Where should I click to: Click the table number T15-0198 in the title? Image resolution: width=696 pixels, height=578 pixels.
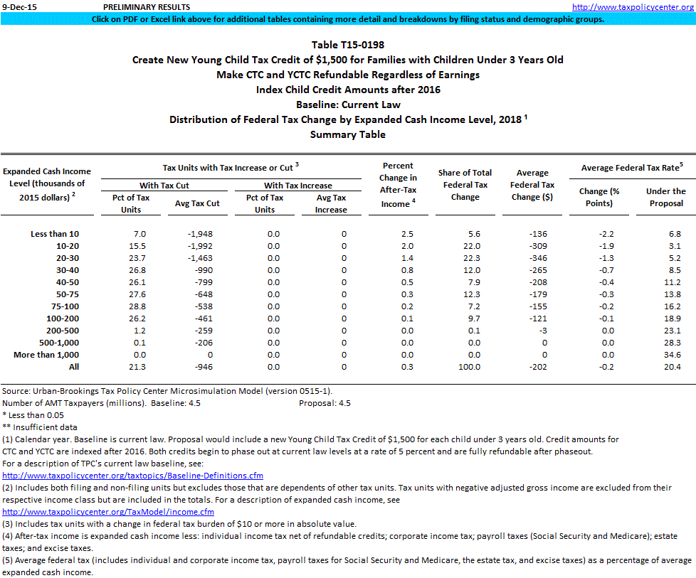pos(348,45)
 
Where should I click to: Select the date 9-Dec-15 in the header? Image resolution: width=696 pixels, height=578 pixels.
pos(18,6)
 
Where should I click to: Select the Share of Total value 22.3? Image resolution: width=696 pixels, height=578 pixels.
pos(465,258)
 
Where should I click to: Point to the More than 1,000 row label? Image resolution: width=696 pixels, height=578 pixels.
pos(46,355)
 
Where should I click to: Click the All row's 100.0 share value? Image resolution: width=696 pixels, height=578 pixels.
pos(465,367)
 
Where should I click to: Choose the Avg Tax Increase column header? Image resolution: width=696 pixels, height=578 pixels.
pos(331,203)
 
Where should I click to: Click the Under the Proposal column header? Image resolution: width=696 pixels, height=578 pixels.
pos(665,197)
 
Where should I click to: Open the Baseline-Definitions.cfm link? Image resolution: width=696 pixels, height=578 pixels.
pos(132,476)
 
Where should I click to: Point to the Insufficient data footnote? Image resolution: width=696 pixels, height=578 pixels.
pos(40,427)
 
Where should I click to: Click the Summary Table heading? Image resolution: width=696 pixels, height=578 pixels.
pos(348,134)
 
